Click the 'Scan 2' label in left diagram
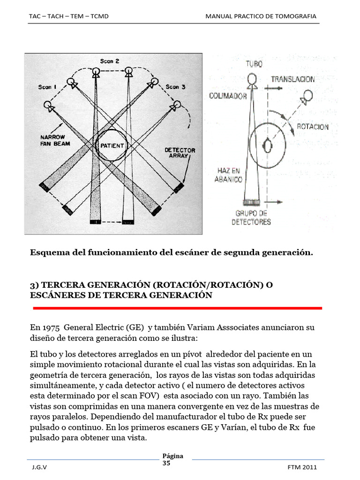(110, 61)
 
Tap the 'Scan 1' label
(48, 87)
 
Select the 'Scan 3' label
(176, 87)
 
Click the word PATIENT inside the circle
(112, 146)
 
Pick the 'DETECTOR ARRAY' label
(180, 153)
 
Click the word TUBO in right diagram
(253, 64)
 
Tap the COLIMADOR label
(228, 96)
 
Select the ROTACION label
(313, 127)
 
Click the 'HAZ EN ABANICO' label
(229, 175)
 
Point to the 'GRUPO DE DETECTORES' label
(251, 218)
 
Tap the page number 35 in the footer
(166, 463)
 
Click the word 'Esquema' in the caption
(49, 253)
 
